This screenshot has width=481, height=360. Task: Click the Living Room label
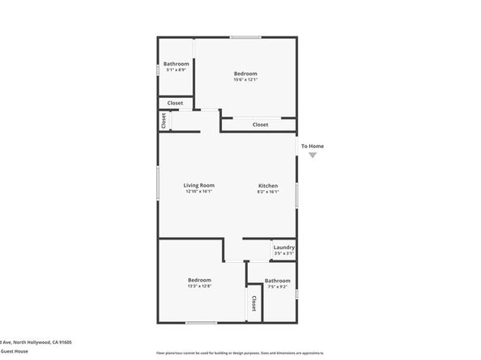click(199, 185)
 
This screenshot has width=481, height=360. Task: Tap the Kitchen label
click(268, 185)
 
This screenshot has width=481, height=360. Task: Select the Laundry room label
click(283, 248)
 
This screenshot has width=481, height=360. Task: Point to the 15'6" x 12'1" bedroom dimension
click(245, 79)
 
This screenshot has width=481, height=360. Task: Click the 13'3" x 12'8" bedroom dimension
click(200, 286)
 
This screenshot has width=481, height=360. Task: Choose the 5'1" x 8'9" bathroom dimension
click(176, 70)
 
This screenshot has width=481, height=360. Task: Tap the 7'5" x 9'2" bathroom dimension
click(277, 286)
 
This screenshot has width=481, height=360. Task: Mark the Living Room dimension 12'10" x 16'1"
click(199, 192)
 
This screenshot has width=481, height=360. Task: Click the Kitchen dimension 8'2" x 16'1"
click(268, 192)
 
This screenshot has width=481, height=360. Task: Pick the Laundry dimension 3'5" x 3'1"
click(283, 253)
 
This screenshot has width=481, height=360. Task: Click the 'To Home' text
click(313, 146)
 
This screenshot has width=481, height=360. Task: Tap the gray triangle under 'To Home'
click(313, 155)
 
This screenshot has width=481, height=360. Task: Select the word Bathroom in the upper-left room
click(177, 64)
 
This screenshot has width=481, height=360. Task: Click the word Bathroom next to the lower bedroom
click(277, 281)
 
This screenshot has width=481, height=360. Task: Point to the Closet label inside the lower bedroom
click(253, 303)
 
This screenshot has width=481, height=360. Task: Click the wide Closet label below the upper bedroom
click(260, 125)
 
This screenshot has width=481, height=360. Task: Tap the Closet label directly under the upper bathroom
click(175, 103)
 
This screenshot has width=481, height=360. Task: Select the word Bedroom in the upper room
click(245, 74)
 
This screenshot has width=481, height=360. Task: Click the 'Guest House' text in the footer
click(15, 351)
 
